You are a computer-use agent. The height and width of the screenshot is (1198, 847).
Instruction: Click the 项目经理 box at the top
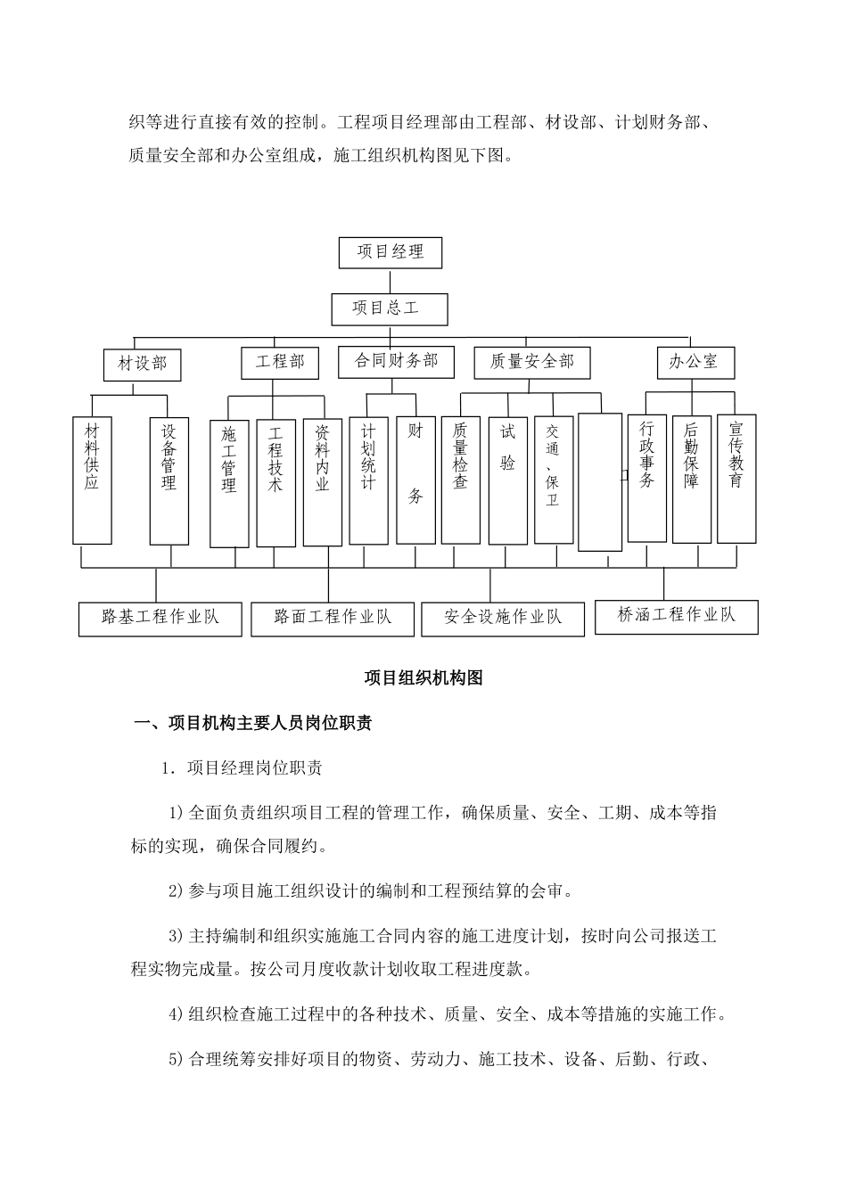(x=391, y=252)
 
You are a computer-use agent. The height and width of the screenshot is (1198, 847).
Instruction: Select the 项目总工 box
(x=389, y=309)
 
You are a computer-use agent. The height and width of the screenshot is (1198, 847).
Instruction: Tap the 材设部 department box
(x=142, y=364)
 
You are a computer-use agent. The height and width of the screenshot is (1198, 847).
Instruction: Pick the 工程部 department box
(x=280, y=362)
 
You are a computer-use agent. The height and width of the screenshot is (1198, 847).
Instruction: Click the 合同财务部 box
(x=396, y=361)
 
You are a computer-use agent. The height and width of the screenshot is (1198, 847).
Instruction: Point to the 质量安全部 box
(x=532, y=362)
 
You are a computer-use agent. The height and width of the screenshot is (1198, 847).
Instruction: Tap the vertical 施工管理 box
(x=229, y=483)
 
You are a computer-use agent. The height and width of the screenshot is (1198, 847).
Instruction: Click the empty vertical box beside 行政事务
(x=599, y=481)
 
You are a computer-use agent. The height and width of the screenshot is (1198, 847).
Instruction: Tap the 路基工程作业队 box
(x=160, y=617)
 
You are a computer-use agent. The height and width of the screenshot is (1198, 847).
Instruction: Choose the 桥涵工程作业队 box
(x=676, y=615)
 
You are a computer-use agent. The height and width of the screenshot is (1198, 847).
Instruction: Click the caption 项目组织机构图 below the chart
(x=423, y=678)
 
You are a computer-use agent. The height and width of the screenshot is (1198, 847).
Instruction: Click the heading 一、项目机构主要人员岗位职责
(x=252, y=724)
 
